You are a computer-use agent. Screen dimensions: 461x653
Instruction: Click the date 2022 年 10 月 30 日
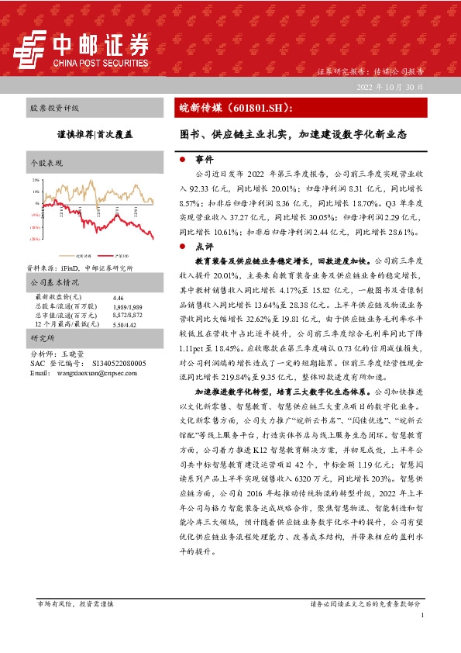[x=390, y=87]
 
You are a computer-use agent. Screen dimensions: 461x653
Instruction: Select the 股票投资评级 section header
[x=54, y=109]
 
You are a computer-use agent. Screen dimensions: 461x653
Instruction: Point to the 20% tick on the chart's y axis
[x=36, y=181]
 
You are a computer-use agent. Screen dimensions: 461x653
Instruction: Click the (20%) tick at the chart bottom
[x=35, y=240]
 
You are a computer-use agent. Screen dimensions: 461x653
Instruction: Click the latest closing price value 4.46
[x=118, y=298]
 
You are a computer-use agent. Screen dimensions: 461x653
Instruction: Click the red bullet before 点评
[x=181, y=245]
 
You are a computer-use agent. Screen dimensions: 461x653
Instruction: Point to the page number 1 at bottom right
[x=423, y=615]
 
